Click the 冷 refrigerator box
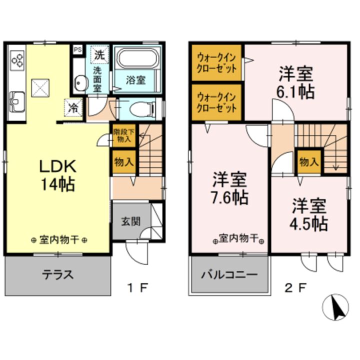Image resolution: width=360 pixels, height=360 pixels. [x=72, y=106]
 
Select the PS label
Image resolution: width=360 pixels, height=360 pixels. [x=78, y=49]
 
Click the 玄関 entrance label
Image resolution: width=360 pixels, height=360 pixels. [x=129, y=221]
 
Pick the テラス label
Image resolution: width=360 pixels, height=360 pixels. [x=58, y=274]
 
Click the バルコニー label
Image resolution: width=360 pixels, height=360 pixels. [x=229, y=275]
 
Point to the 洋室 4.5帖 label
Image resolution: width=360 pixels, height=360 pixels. [x=310, y=214]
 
